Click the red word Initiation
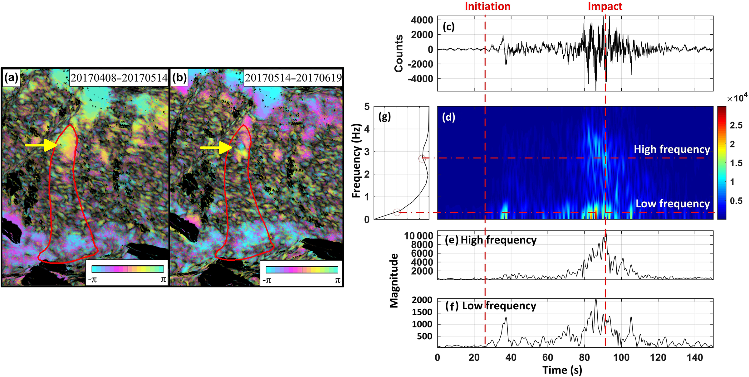tap(487, 6)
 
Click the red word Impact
tap(605, 6)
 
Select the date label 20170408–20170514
tap(119, 78)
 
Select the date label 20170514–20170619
tap(293, 78)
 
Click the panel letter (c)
tap(448, 27)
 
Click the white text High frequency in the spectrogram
tap(672, 149)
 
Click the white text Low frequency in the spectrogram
tap(673, 204)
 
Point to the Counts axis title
tap(399, 53)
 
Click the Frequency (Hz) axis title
tap(356, 161)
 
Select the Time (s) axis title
tap(562, 370)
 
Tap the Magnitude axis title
tap(394, 281)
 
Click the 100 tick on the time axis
tap(621, 357)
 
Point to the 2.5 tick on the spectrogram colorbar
tap(736, 125)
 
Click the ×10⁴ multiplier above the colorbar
tap(737, 98)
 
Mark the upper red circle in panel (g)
tap(422, 158)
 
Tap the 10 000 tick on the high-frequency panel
tap(419, 236)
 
